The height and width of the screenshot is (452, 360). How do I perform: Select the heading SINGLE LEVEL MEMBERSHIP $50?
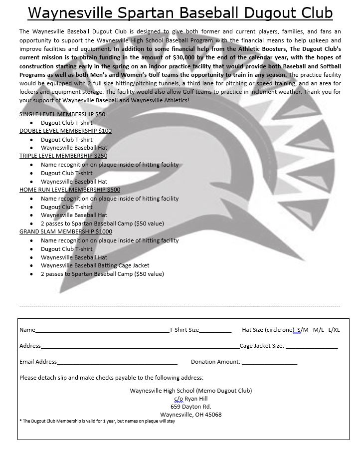point(62,114)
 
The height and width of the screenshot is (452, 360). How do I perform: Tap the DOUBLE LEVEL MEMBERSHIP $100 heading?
point(65,131)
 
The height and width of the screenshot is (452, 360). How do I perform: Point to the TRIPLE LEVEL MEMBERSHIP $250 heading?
point(63,156)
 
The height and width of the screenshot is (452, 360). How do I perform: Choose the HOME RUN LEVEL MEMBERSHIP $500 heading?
point(70,190)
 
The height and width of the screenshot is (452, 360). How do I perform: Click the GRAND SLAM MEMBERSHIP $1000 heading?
point(66,231)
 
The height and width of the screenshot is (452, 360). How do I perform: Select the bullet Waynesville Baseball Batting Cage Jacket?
point(95,265)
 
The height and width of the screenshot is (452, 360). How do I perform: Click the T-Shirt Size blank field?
point(215,331)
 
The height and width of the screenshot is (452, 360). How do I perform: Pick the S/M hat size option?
point(303,330)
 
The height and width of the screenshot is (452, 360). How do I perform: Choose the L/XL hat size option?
point(334,330)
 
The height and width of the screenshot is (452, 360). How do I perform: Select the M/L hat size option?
point(319,330)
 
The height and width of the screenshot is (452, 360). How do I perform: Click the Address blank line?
point(140,347)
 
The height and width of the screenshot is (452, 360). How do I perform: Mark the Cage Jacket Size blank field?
point(312,347)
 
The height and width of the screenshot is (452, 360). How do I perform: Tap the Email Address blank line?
point(117,363)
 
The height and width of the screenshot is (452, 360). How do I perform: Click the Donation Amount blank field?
point(269,363)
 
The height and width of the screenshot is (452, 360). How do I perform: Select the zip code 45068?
point(213,415)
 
